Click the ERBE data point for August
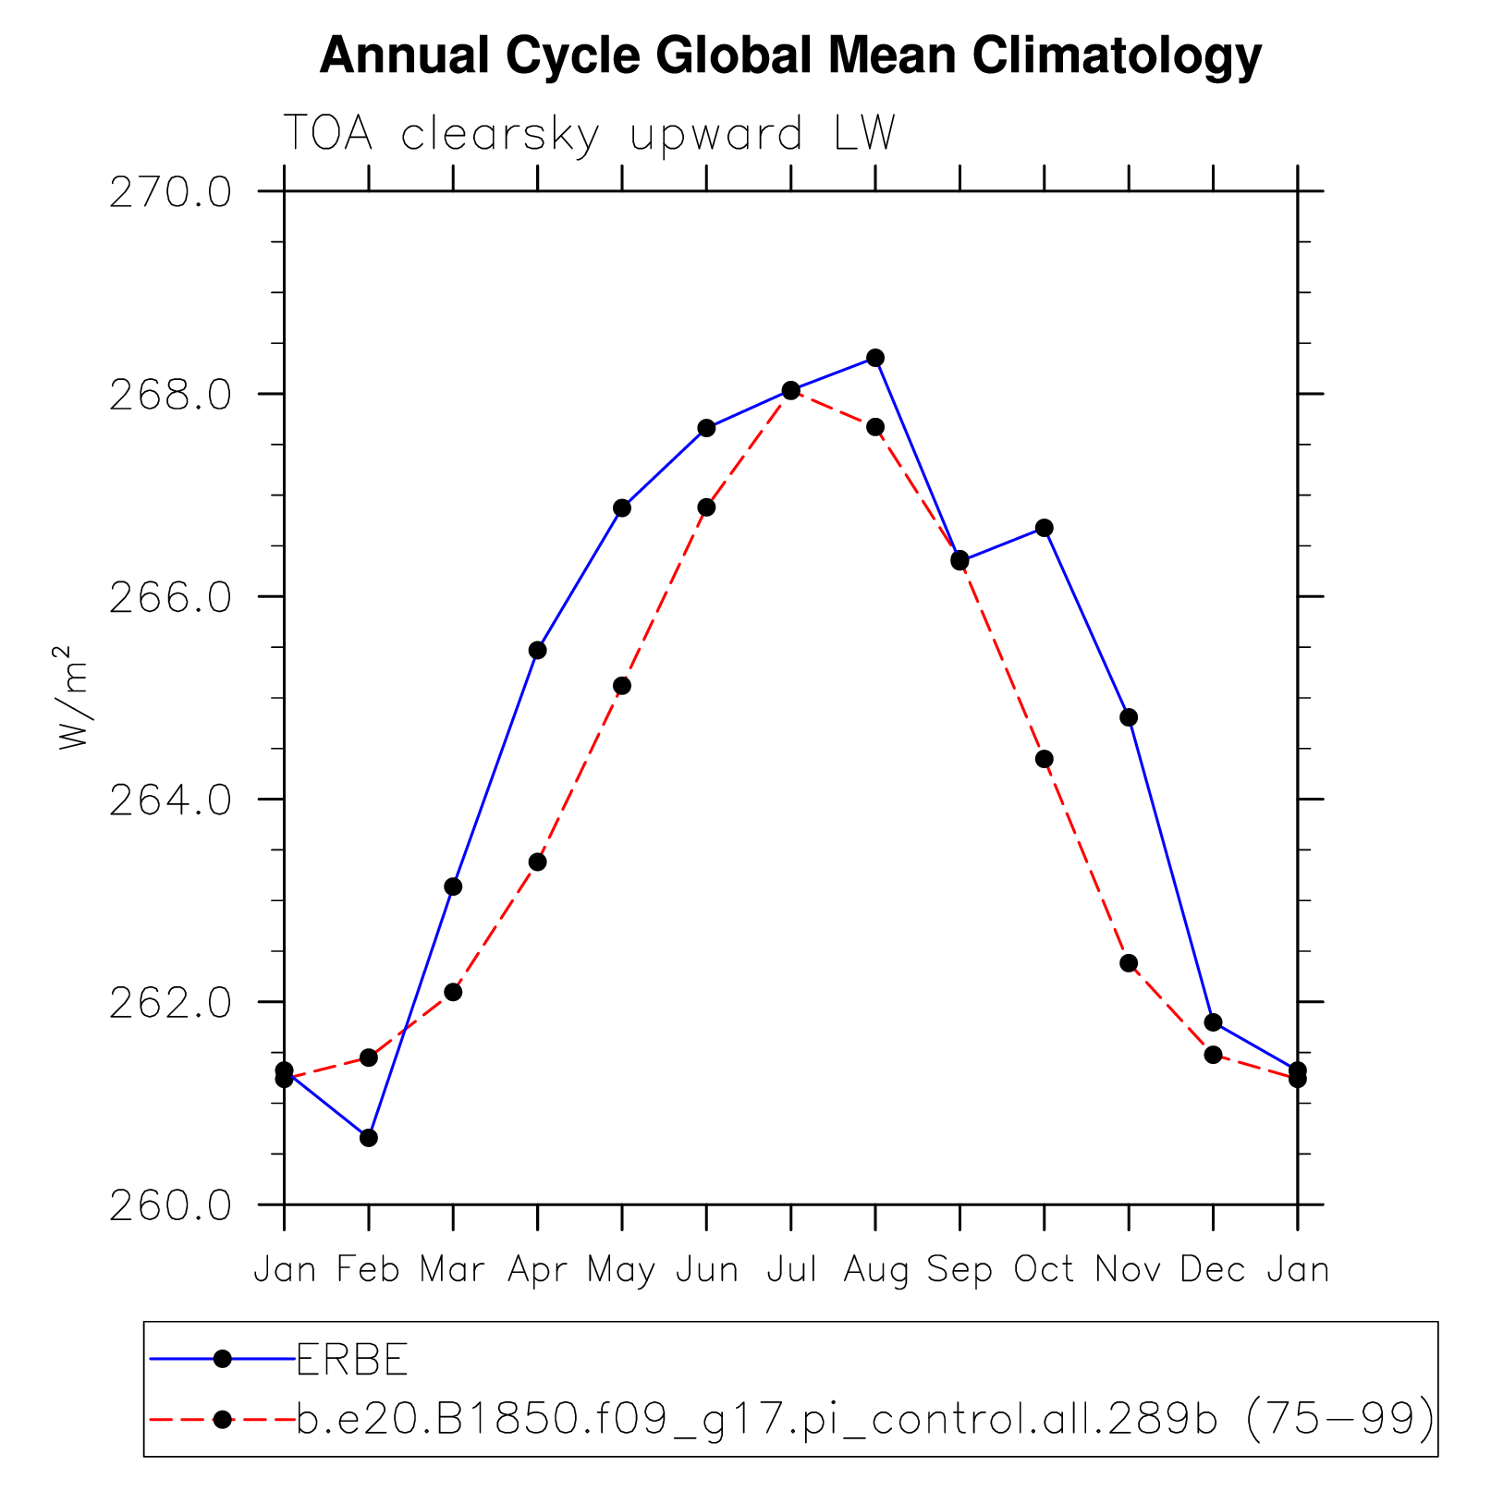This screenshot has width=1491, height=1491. (875, 358)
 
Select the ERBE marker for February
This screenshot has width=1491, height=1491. (369, 1137)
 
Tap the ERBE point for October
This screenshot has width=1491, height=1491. (1045, 528)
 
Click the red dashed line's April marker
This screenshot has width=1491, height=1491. (538, 862)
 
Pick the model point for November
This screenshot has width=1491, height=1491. (1129, 963)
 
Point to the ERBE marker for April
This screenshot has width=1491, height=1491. (538, 651)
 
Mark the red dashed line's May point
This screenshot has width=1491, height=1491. (622, 686)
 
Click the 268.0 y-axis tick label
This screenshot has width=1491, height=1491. (170, 395)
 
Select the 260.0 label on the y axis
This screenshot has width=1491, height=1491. (170, 1205)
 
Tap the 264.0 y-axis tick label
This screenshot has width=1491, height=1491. (170, 800)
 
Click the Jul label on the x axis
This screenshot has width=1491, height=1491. (791, 1270)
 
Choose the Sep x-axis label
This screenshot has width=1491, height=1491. (959, 1270)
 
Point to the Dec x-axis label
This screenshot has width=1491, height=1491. (1213, 1270)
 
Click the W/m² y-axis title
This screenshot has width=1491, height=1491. (74, 697)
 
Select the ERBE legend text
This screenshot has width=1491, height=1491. (352, 1359)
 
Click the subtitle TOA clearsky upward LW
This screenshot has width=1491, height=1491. (589, 134)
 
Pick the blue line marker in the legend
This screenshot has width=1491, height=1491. (222, 1358)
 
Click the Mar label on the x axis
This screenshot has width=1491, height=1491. (453, 1270)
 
